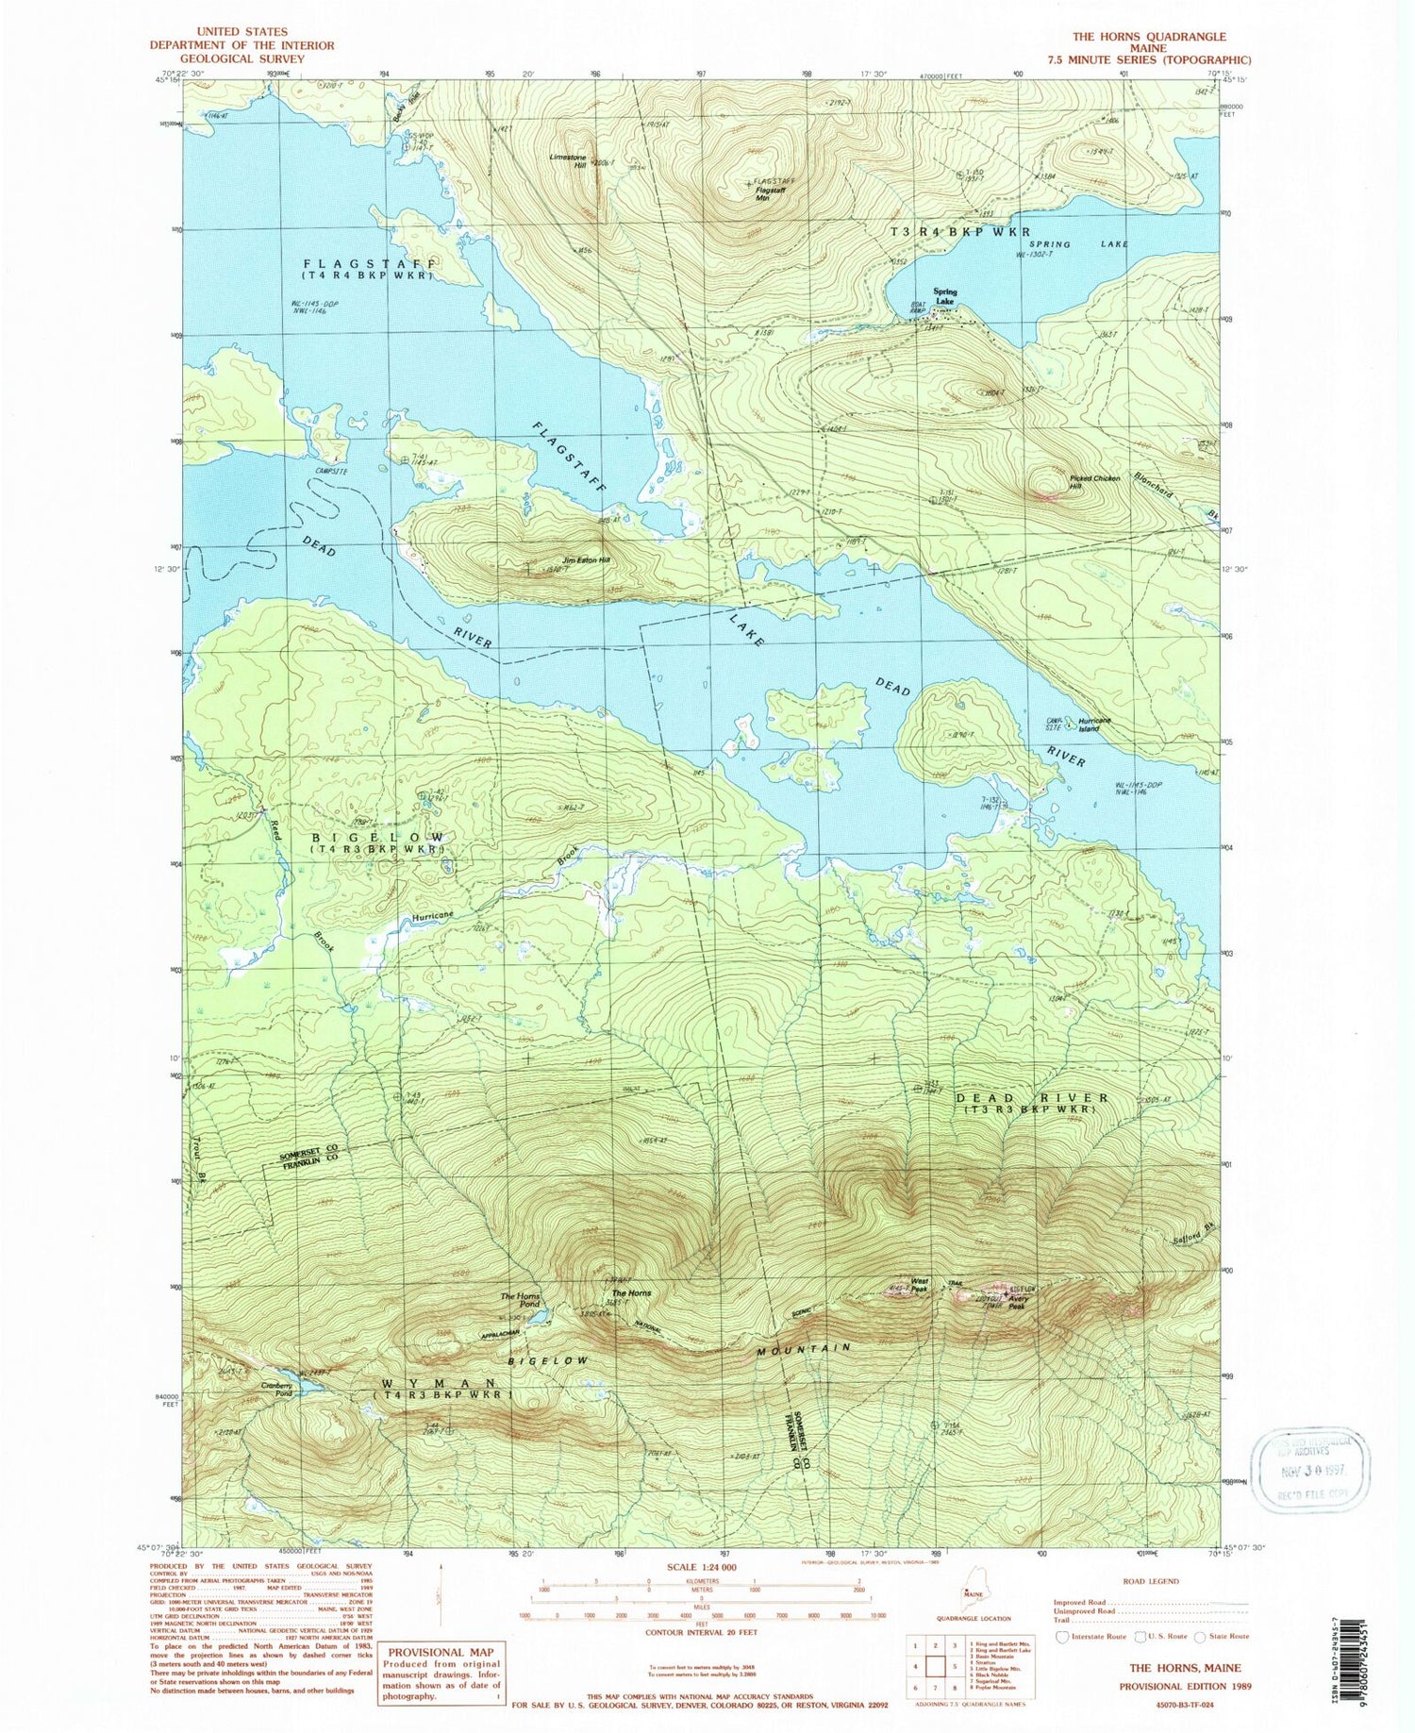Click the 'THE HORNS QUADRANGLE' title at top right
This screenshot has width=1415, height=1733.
[x=1149, y=37]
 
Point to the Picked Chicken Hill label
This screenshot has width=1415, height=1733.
[x=1094, y=482]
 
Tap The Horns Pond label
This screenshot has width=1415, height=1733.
[x=521, y=1300]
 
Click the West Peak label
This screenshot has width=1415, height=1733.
[x=918, y=1286]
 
